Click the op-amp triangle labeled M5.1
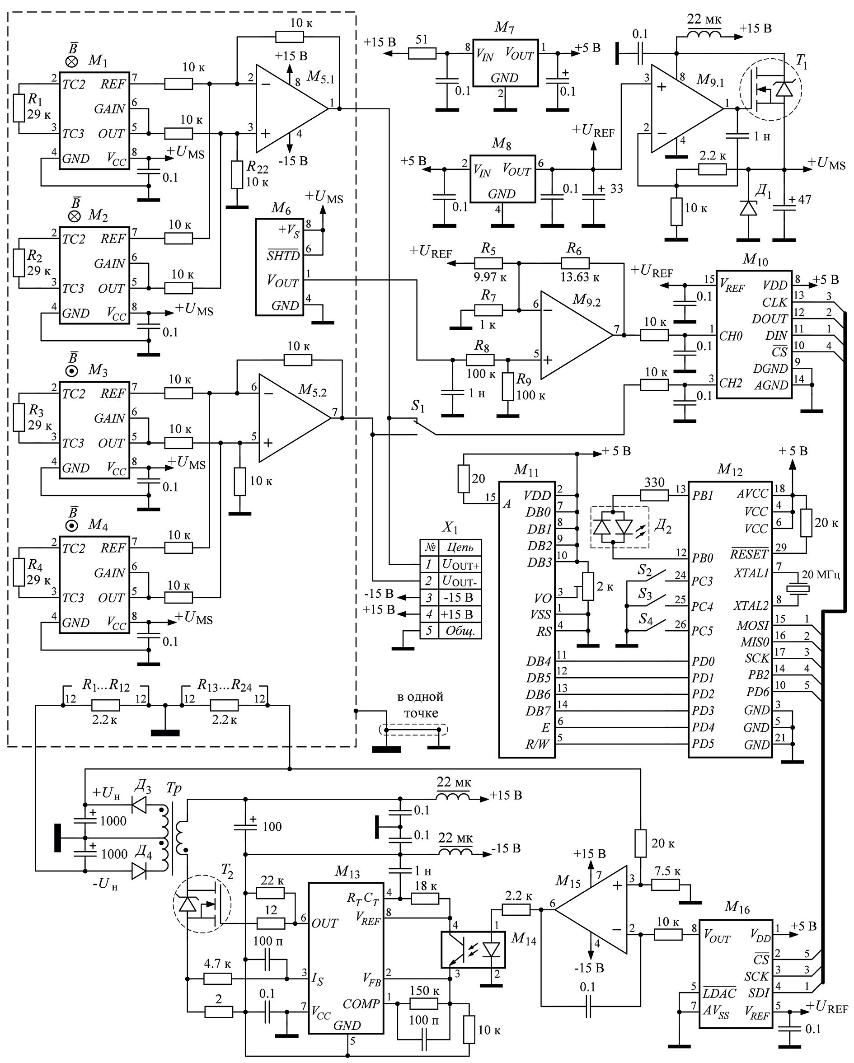pyautogui.click(x=288, y=108)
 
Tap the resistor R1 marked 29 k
pyautogui.click(x=19, y=108)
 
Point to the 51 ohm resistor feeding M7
pyautogui.click(x=422, y=53)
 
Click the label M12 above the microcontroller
pyautogui.click(x=730, y=469)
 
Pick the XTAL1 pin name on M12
pyautogui.click(x=751, y=573)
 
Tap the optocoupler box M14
pyautogui.click(x=473, y=949)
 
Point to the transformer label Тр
pyautogui.click(x=174, y=788)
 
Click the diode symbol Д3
pyautogui.click(x=141, y=805)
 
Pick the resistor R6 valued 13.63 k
pyautogui.click(x=575, y=263)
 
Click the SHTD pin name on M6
pyautogui.click(x=283, y=256)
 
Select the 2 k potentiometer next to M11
pyautogui.click(x=588, y=587)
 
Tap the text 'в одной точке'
pyautogui.click(x=421, y=705)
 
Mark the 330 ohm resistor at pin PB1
pyautogui.click(x=654, y=495)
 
